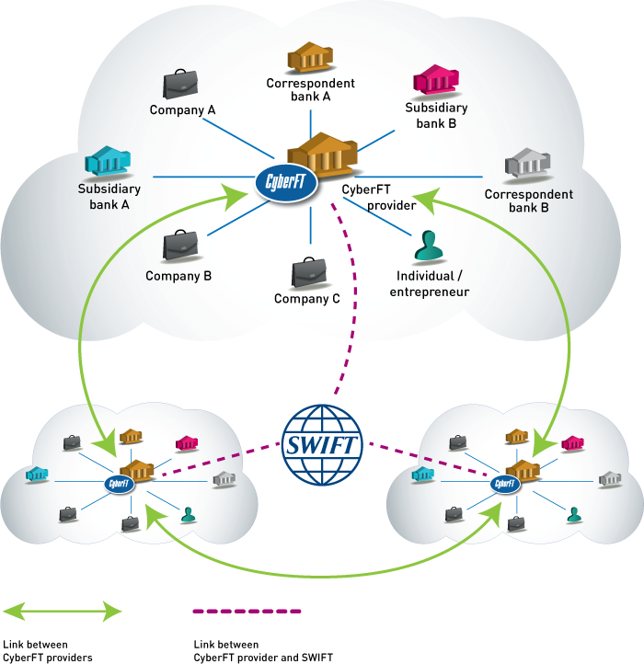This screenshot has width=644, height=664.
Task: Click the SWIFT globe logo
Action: pos(322,445)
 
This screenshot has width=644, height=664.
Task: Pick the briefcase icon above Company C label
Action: pos(309,272)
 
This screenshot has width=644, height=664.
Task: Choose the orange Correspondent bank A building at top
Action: pos(311,58)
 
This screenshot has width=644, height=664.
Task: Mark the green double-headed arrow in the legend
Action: pos(63,610)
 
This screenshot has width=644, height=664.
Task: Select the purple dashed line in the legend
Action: pos(247,610)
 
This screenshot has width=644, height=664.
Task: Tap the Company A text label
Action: pos(182,110)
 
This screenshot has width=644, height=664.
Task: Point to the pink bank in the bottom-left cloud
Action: pos(187,443)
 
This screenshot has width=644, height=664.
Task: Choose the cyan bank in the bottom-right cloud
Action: pos(423,475)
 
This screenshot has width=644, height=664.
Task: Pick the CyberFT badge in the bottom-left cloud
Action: pos(119,484)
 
